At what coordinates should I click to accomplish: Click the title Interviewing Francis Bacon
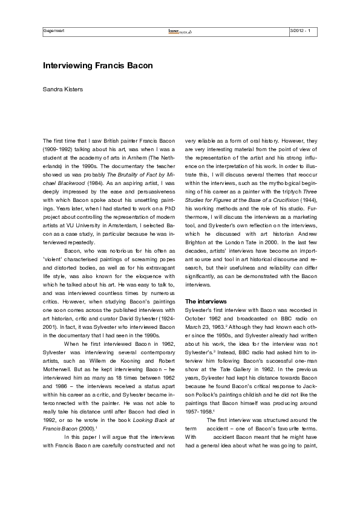pyautogui.click(x=97, y=65)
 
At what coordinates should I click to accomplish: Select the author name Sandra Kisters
pyautogui.click(x=62, y=89)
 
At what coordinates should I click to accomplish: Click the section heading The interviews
pyautogui.click(x=206, y=300)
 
